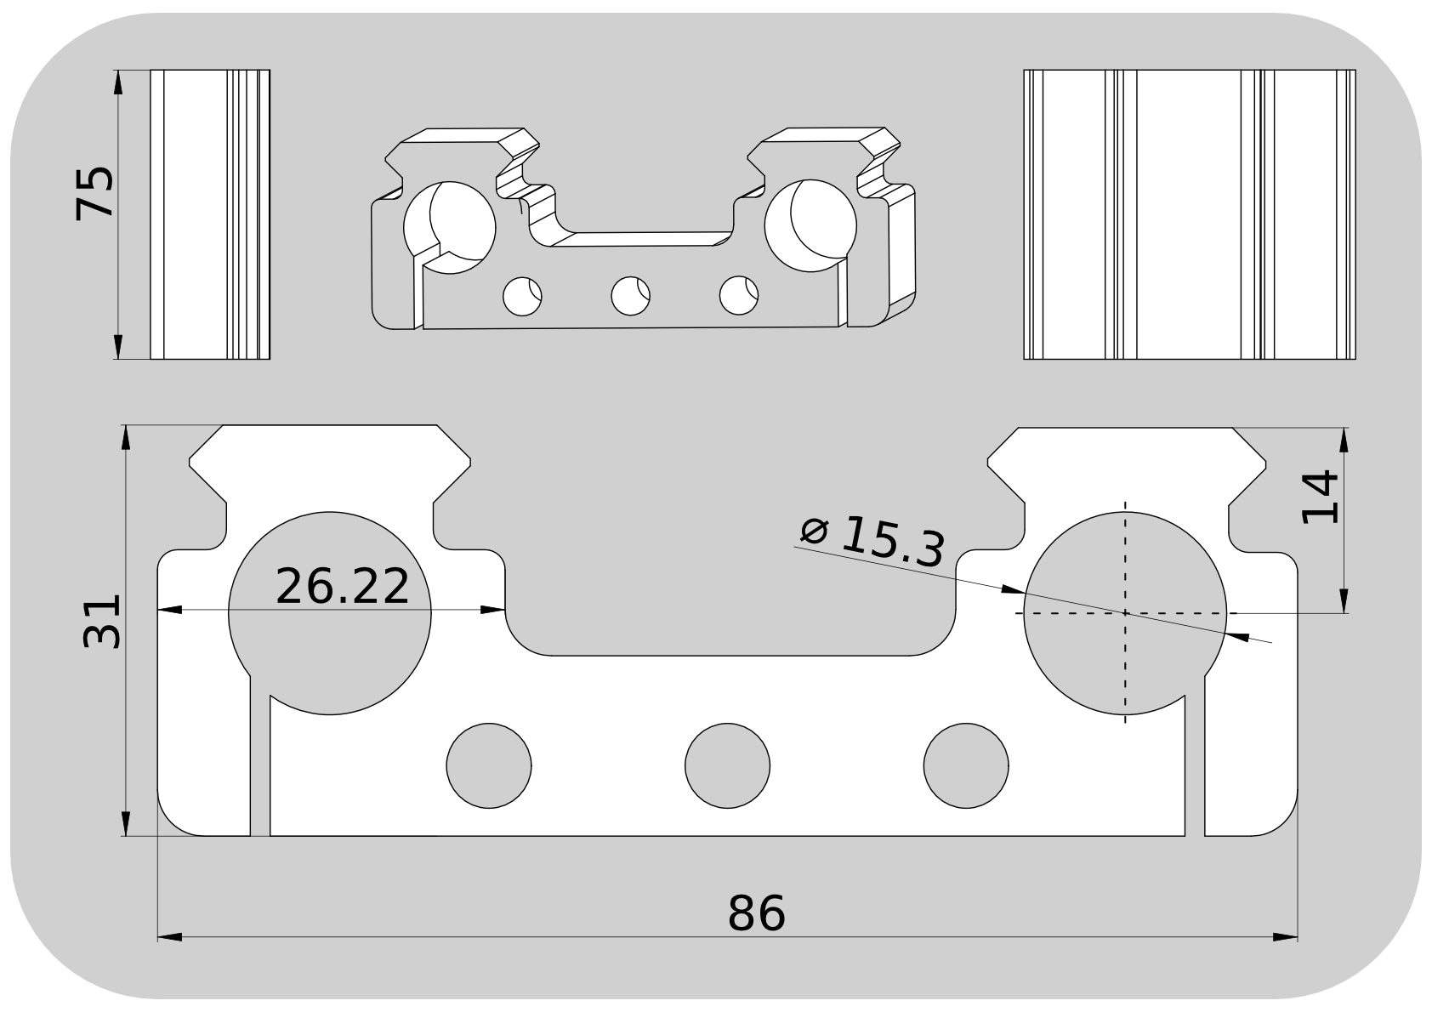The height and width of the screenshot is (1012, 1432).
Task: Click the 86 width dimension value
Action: click(x=756, y=913)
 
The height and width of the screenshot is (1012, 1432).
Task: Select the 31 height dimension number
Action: click(x=102, y=622)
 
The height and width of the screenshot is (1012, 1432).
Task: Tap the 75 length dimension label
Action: click(x=94, y=194)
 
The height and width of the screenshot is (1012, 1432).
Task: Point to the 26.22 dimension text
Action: click(x=342, y=586)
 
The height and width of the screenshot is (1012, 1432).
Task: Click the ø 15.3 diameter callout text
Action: click(x=872, y=542)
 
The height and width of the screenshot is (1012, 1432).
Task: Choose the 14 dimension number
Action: click(x=1321, y=497)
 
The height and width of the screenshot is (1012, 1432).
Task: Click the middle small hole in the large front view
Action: click(x=728, y=766)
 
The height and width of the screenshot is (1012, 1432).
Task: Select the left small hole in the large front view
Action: click(x=489, y=766)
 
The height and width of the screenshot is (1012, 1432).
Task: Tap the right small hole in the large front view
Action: click(x=966, y=766)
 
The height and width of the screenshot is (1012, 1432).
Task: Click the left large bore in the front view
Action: click(x=330, y=613)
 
